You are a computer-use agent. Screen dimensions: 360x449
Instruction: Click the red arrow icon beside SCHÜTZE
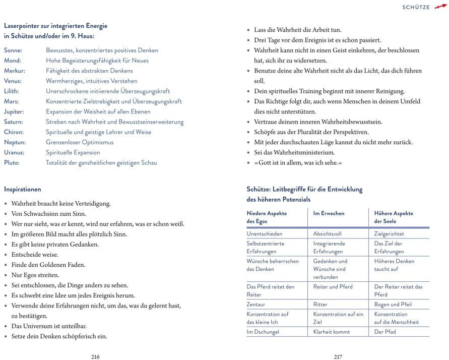(440, 7)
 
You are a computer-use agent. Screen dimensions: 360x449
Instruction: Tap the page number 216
(95, 356)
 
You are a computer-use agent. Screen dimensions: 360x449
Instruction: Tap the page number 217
(338, 356)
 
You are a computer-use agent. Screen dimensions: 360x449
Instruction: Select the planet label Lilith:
(12, 91)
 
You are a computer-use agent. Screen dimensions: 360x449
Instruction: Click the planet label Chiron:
(14, 132)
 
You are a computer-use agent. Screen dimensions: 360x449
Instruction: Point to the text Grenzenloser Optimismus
(80, 142)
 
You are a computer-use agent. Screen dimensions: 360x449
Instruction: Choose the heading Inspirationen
(23, 190)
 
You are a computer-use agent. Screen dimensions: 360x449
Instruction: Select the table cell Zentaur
(255, 305)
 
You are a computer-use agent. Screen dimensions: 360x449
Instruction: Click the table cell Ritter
(320, 305)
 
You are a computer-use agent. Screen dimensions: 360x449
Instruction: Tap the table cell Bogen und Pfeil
(393, 305)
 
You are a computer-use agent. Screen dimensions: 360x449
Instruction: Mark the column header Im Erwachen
(329, 213)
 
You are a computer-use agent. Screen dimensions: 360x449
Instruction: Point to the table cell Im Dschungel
(263, 332)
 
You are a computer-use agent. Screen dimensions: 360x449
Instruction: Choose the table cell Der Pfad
(385, 332)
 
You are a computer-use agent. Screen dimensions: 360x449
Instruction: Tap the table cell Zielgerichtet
(389, 234)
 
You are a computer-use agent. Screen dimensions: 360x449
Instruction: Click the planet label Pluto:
(12, 162)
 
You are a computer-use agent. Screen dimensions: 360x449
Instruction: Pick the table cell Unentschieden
(265, 234)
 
